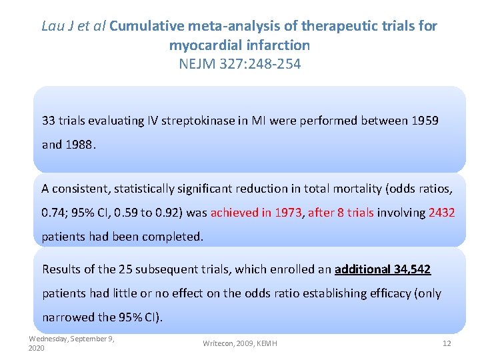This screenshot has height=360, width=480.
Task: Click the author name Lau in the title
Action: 54,26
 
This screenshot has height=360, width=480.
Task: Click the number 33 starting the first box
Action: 49,121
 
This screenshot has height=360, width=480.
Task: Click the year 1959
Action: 425,121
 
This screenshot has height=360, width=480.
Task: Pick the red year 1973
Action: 287,213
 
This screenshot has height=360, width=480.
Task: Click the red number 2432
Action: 441,213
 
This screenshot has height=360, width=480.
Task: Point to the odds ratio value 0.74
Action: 53,213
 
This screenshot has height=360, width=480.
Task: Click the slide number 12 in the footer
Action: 447,343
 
